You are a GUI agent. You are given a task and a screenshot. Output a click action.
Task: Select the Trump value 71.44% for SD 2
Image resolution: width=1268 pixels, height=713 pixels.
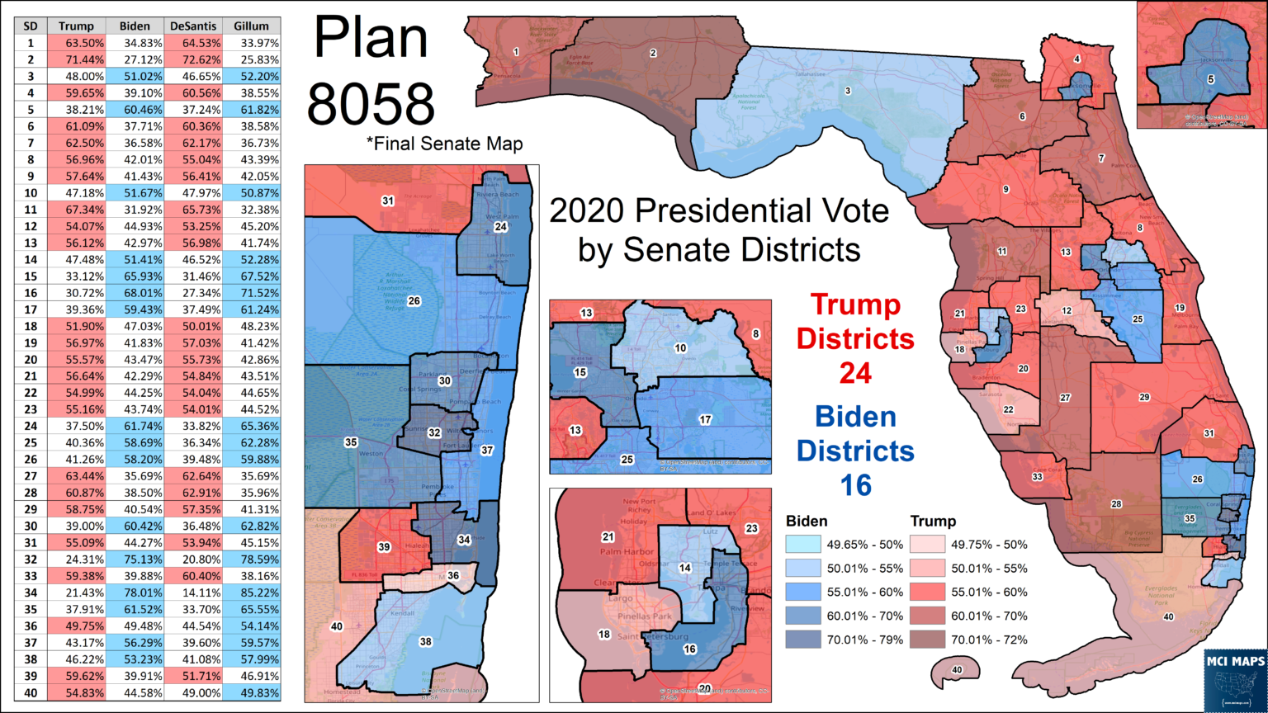(76, 60)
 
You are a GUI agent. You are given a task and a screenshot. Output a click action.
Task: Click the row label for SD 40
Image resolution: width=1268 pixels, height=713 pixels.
(31, 692)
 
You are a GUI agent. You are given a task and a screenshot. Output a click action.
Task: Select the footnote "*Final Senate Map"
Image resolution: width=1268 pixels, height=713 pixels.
(445, 144)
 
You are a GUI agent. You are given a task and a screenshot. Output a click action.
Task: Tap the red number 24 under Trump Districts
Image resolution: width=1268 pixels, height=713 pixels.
(855, 373)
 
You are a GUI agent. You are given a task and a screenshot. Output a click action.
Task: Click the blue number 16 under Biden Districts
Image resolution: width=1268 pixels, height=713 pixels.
(855, 485)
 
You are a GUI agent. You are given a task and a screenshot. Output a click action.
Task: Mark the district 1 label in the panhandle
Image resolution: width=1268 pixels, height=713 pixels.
(516, 52)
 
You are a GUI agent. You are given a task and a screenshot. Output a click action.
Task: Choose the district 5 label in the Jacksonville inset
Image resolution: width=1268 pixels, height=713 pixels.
(1210, 79)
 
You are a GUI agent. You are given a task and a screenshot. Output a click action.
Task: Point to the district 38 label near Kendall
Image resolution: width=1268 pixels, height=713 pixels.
(425, 641)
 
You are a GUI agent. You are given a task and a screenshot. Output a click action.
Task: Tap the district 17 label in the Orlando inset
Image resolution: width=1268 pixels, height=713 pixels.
(705, 420)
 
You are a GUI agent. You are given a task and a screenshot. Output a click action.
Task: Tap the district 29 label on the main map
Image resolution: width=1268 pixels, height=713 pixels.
(1144, 398)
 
